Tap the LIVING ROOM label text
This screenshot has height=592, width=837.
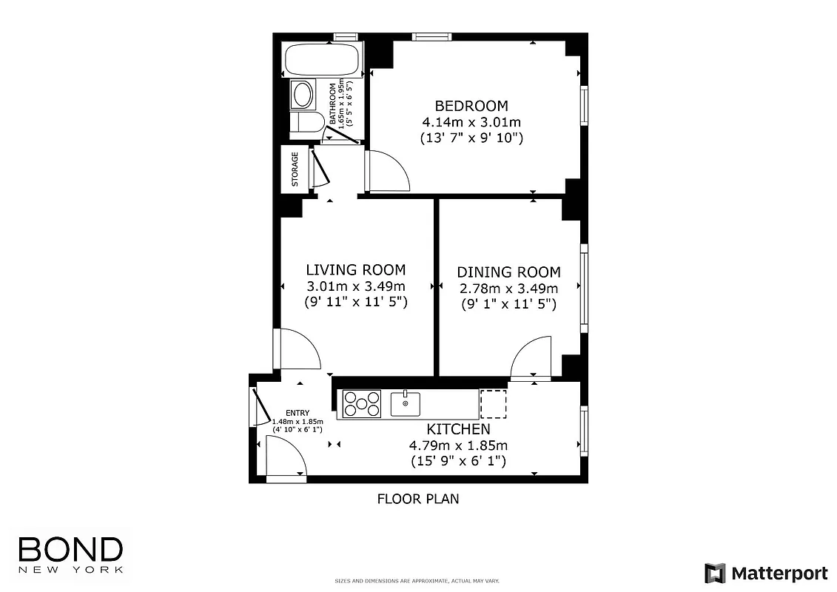pyautogui.click(x=356, y=270)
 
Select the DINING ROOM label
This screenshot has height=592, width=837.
pyautogui.click(x=508, y=272)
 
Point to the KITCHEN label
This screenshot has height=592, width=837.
pyautogui.click(x=458, y=429)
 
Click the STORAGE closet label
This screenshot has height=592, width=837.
pyautogui.click(x=295, y=169)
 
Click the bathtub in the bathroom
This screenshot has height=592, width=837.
pyautogui.click(x=323, y=59)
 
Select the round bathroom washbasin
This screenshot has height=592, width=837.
pyautogui.click(x=302, y=94)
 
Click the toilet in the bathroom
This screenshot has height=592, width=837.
pyautogui.click(x=305, y=123)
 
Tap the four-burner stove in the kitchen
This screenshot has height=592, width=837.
pyautogui.click(x=362, y=404)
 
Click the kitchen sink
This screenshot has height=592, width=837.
pyautogui.click(x=406, y=403)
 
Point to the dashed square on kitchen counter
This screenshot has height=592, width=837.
pyautogui.click(x=492, y=403)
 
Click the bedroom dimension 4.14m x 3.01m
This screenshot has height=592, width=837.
pyautogui.click(x=471, y=122)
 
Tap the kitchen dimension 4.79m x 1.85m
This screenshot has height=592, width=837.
pyautogui.click(x=458, y=445)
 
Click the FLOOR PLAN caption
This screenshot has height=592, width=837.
pyautogui.click(x=418, y=499)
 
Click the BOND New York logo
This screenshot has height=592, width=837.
pyautogui.click(x=70, y=554)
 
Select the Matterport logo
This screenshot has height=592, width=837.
pyautogui.click(x=766, y=573)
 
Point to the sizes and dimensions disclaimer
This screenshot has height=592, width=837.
pyautogui.click(x=418, y=581)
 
